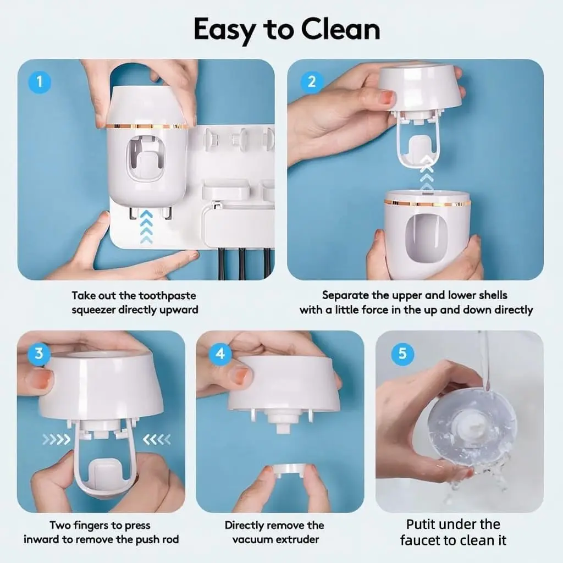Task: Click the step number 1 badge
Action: click(40, 82)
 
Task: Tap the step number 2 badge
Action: click(311, 82)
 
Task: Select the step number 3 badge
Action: click(39, 354)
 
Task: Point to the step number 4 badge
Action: click(220, 354)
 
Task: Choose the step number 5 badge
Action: click(402, 354)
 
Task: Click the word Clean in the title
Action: click(340, 30)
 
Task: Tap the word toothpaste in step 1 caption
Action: click(167, 296)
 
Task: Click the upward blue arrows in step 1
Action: click(146, 227)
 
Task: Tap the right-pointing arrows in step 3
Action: click(57, 439)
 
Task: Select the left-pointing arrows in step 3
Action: click(157, 439)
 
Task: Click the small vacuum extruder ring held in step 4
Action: click(289, 471)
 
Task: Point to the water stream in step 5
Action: click(485, 363)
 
